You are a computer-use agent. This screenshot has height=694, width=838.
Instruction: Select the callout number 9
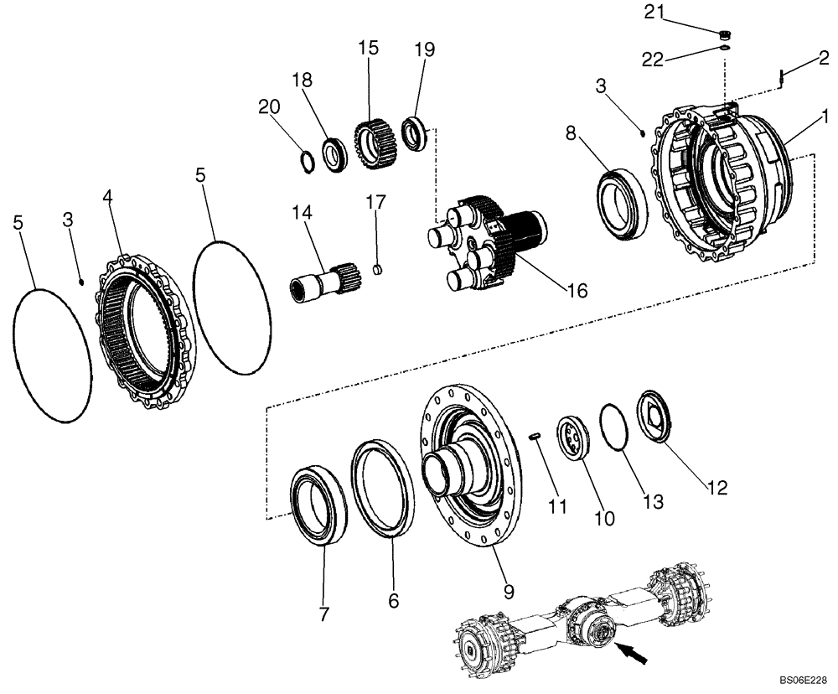tap(507, 592)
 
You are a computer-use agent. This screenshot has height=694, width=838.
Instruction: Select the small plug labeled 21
tap(727, 34)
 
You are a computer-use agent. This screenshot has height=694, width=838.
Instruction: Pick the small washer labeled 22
tap(726, 49)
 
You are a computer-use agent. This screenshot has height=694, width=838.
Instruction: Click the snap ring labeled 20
tap(308, 160)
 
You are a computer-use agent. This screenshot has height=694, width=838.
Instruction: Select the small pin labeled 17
tap(376, 269)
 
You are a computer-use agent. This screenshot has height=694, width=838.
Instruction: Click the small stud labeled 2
tap(780, 77)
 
